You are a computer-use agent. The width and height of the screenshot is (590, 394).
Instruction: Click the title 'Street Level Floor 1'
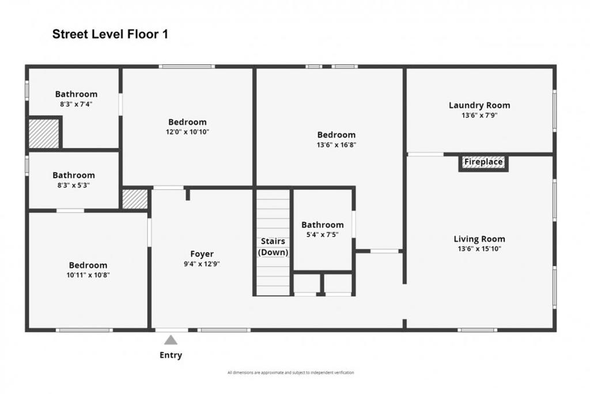tap(110, 34)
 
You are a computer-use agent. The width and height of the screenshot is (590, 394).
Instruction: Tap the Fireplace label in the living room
tap(483, 162)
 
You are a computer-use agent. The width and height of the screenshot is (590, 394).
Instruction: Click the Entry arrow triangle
tap(171, 340)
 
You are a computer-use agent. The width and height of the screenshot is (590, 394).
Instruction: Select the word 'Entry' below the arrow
tap(171, 355)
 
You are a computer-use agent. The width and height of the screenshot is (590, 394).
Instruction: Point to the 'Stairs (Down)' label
tap(273, 247)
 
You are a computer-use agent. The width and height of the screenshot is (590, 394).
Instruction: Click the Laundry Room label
tap(479, 105)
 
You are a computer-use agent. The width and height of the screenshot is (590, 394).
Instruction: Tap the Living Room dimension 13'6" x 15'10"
tap(479, 249)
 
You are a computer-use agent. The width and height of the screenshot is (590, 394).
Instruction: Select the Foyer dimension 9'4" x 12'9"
tap(202, 264)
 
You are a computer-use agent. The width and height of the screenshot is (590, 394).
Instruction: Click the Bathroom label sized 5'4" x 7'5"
tap(323, 225)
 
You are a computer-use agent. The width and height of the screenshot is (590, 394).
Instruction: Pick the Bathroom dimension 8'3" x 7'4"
tap(76, 104)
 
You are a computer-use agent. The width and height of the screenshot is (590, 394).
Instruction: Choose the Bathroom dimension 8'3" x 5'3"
tap(74, 185)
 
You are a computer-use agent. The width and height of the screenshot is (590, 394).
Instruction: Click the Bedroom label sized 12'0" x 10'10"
tap(187, 122)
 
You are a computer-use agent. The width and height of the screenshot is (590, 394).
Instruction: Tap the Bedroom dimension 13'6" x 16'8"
tap(336, 145)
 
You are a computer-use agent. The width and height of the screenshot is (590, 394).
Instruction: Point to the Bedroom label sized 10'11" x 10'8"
tap(88, 265)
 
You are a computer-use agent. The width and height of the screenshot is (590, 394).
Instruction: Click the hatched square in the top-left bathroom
tap(44, 133)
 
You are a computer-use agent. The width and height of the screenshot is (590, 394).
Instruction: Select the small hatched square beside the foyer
tap(135, 199)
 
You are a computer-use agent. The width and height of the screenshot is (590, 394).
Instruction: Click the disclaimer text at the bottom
tap(291, 373)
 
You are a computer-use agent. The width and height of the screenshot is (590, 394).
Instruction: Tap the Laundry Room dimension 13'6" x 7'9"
tap(479, 115)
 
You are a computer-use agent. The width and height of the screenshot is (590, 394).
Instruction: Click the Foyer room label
tap(202, 254)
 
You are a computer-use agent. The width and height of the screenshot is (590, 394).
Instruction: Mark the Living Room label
tap(479, 239)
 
